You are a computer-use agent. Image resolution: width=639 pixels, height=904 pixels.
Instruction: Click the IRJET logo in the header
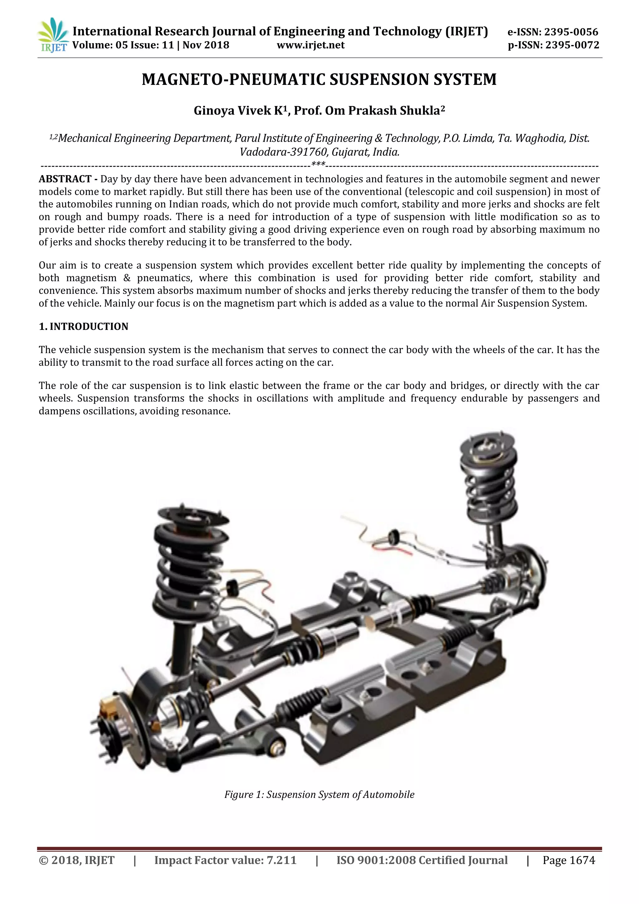(x=53, y=35)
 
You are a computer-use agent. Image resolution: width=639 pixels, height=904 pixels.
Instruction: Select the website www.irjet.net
(x=310, y=45)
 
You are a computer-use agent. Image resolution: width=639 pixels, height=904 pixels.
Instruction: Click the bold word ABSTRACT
(x=65, y=179)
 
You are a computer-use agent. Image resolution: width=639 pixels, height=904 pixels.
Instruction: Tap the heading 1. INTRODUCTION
(x=83, y=327)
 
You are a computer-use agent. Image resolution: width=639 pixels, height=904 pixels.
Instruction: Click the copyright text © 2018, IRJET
(x=76, y=861)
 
